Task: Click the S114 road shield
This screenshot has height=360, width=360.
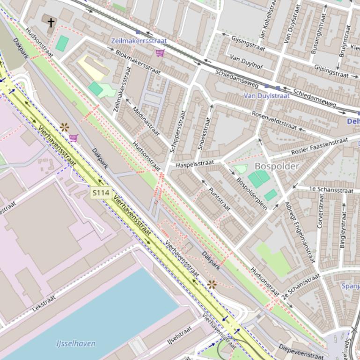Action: (101, 192)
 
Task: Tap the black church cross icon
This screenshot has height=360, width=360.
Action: (51, 22)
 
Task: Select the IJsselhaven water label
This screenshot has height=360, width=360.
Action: (76, 344)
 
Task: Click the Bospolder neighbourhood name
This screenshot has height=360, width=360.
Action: (277, 166)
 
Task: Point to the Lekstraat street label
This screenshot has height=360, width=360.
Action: (44, 303)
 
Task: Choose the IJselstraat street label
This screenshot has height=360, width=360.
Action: (180, 335)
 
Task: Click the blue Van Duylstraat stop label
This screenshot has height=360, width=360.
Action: (266, 95)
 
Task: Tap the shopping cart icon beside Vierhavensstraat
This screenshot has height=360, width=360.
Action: (73, 137)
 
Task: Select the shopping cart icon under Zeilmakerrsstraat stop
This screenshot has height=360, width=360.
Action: (160, 52)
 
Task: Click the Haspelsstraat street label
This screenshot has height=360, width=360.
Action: (195, 164)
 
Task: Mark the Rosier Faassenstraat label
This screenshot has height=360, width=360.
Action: (319, 146)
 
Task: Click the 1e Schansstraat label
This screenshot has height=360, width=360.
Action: (331, 189)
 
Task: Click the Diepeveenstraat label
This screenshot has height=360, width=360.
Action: (301, 352)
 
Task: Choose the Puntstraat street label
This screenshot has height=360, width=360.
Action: (219, 199)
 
